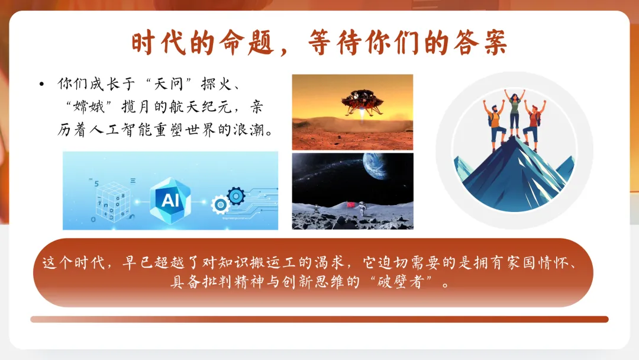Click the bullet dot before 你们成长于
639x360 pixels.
pos(41,85)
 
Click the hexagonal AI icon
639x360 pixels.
pos(170,199)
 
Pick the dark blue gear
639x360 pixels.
pos(235,195)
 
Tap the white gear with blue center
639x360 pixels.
pos(221,205)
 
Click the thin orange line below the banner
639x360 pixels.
pos(319,319)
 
